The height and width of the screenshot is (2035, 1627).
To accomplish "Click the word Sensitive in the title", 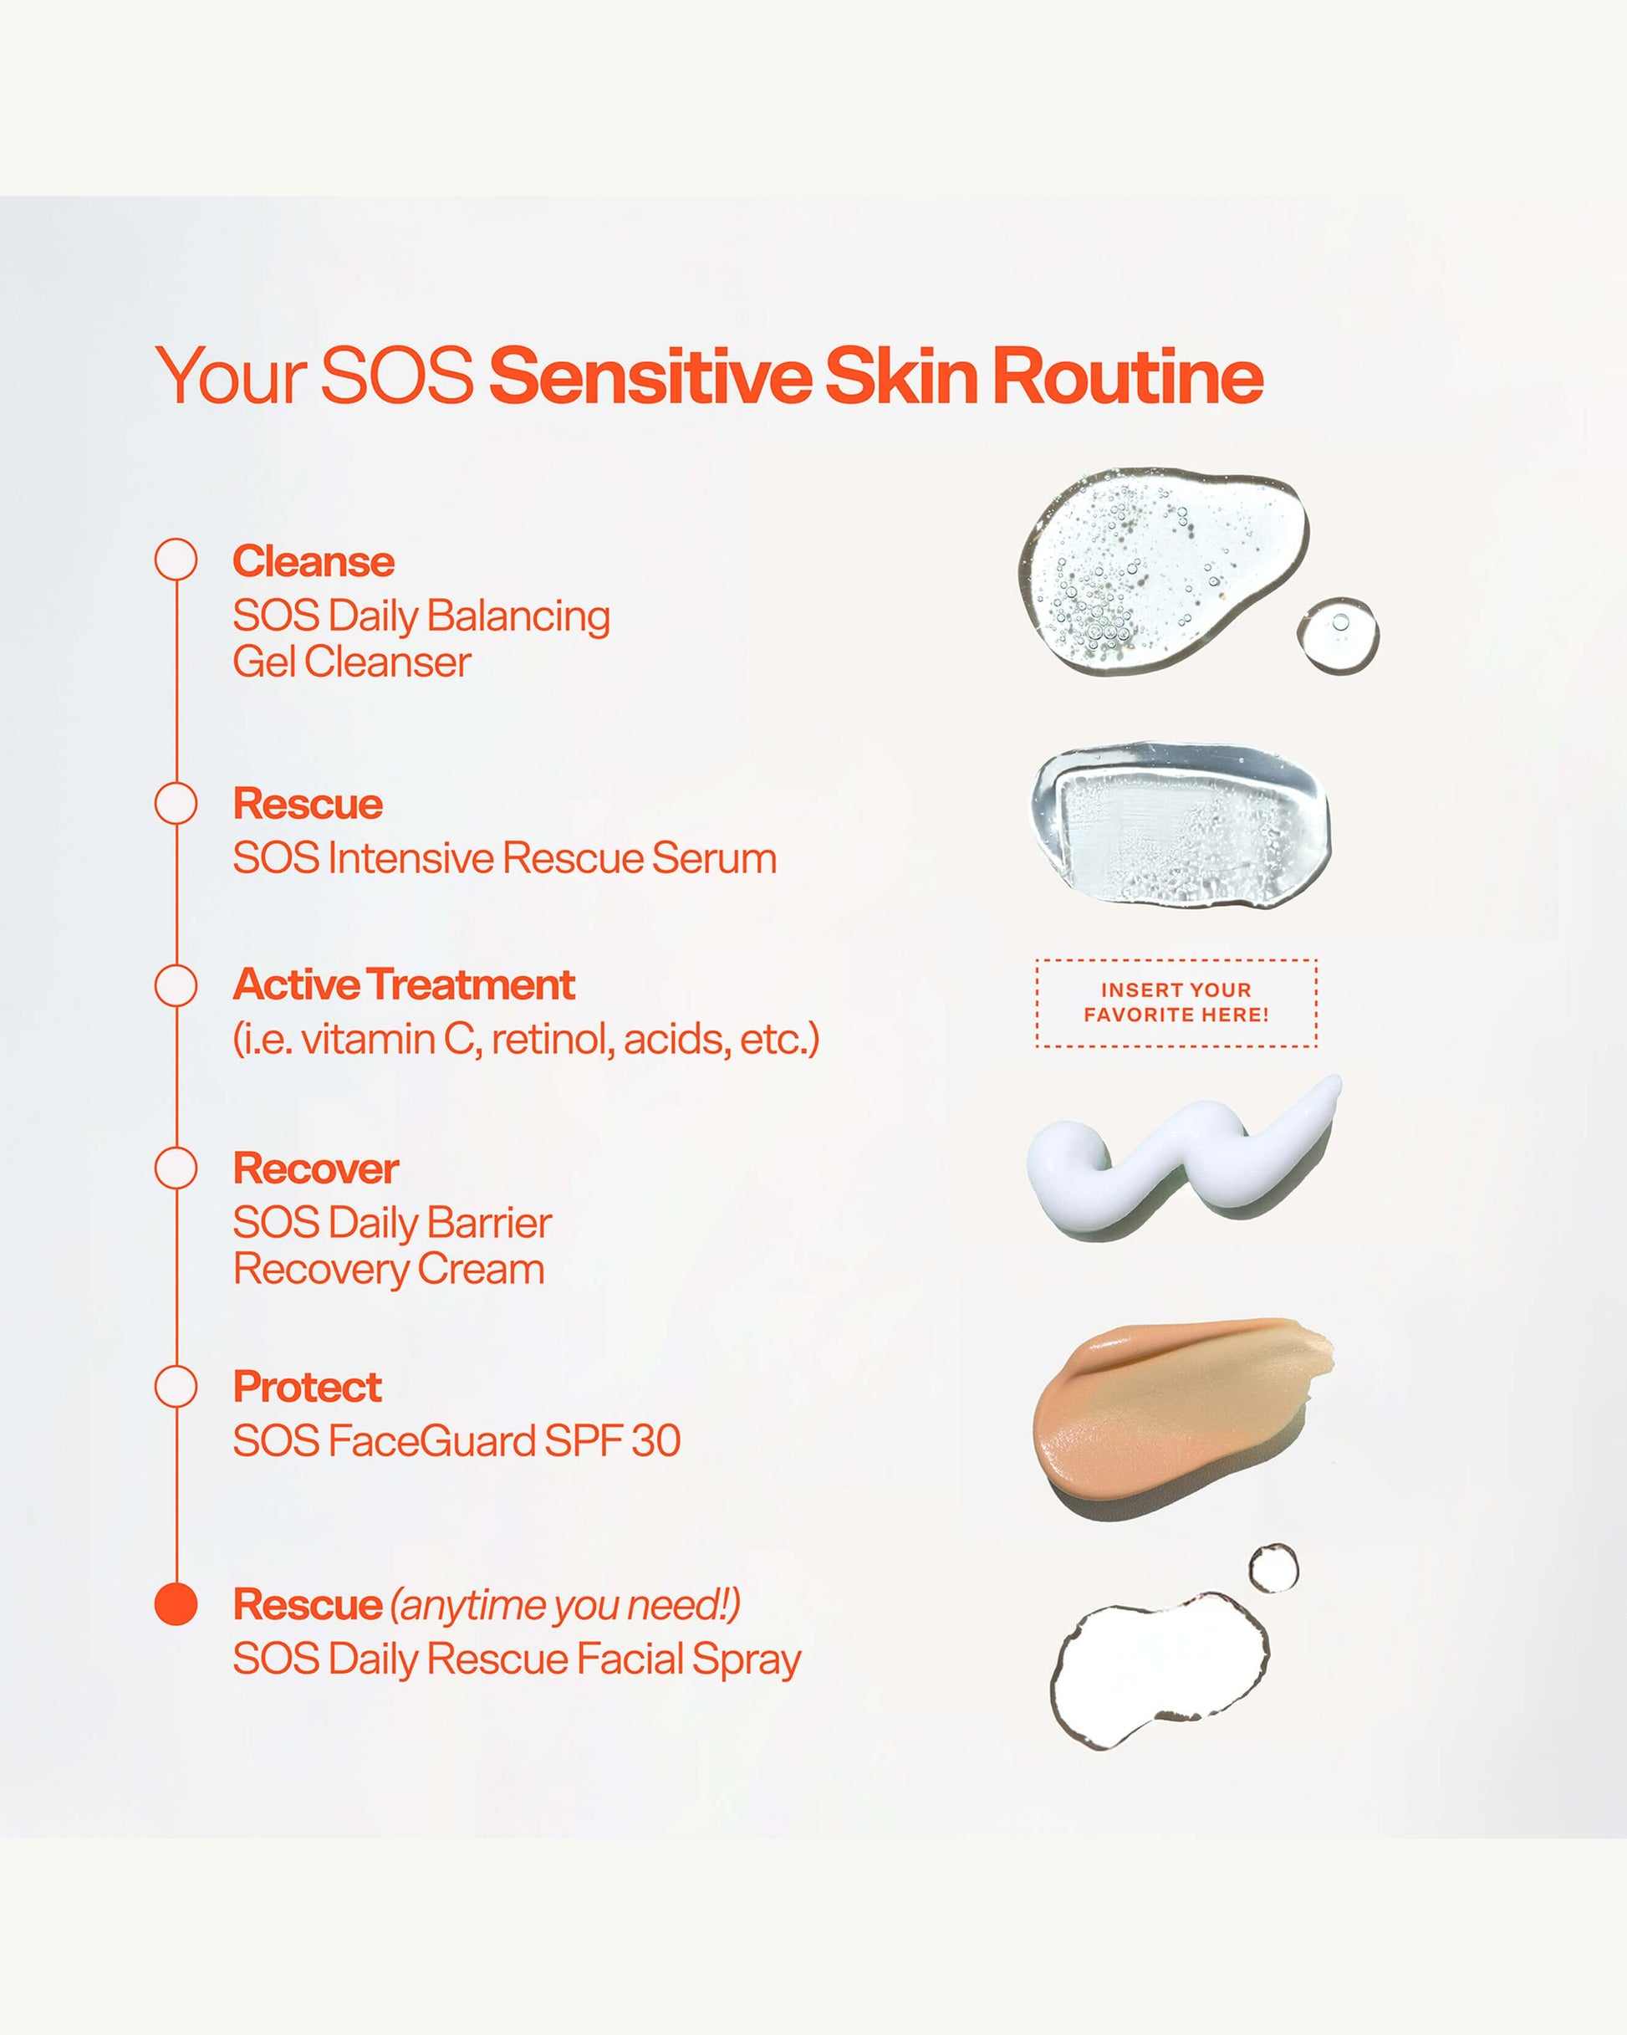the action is [x=650, y=376].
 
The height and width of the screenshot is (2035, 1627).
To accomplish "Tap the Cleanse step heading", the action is [x=314, y=561].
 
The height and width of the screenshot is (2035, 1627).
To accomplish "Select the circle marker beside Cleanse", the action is [x=176, y=560].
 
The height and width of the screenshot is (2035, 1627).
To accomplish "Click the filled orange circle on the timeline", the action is [x=176, y=1603].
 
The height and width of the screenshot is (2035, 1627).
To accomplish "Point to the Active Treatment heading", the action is [x=404, y=984].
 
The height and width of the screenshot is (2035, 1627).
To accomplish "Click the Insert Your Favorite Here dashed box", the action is [x=1176, y=1002].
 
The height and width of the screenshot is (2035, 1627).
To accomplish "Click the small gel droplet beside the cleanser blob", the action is [x=1339, y=634].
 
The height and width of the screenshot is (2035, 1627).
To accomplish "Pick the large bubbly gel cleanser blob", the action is [x=1163, y=570].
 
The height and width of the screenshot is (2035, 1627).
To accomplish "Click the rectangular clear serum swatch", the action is [x=1180, y=823].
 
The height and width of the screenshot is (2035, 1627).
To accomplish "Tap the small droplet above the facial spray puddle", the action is [x=1273, y=1569].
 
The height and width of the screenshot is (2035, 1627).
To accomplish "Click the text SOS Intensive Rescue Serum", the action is [x=505, y=859].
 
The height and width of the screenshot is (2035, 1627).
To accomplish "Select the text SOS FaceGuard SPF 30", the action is [x=456, y=1441].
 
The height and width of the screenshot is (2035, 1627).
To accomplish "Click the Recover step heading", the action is [x=316, y=1168].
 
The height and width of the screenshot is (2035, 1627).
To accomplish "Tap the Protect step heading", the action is [x=308, y=1388].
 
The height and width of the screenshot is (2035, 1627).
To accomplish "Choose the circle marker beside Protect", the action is [x=176, y=1387].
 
